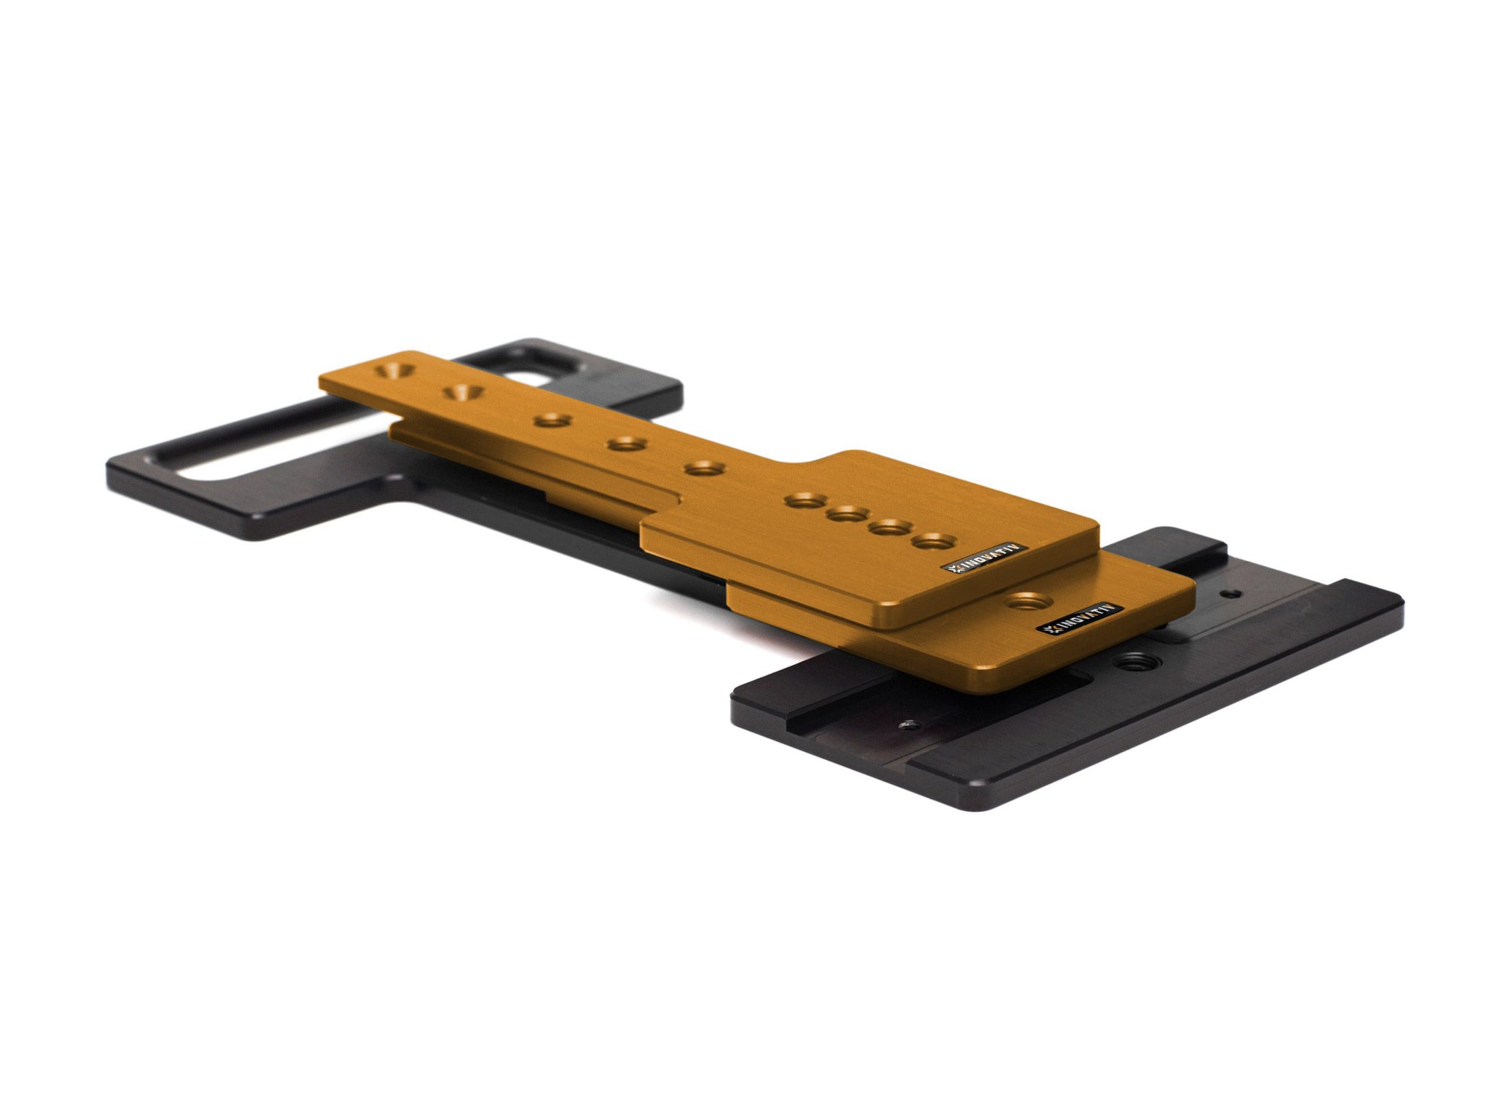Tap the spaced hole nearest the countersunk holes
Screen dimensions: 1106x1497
pyautogui.click(x=553, y=421)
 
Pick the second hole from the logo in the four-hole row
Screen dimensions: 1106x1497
pyautogui.click(x=892, y=526)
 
